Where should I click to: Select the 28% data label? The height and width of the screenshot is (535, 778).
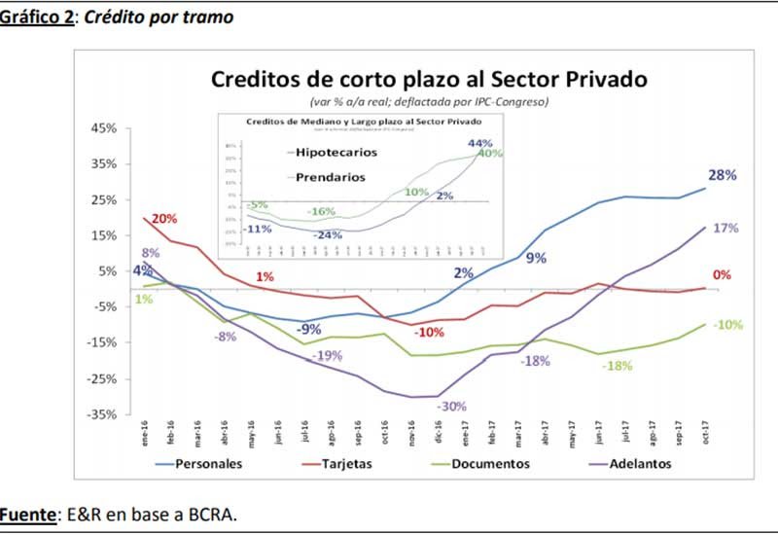coord(722,176)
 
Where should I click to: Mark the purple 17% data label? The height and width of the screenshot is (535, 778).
coord(725,228)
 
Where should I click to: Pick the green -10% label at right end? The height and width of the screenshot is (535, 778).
coord(728,325)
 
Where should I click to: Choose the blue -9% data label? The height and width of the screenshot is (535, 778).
coord(310,328)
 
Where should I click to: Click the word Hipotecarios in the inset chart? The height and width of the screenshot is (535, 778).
coord(331,153)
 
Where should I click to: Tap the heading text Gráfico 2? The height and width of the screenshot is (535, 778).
coord(37,18)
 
